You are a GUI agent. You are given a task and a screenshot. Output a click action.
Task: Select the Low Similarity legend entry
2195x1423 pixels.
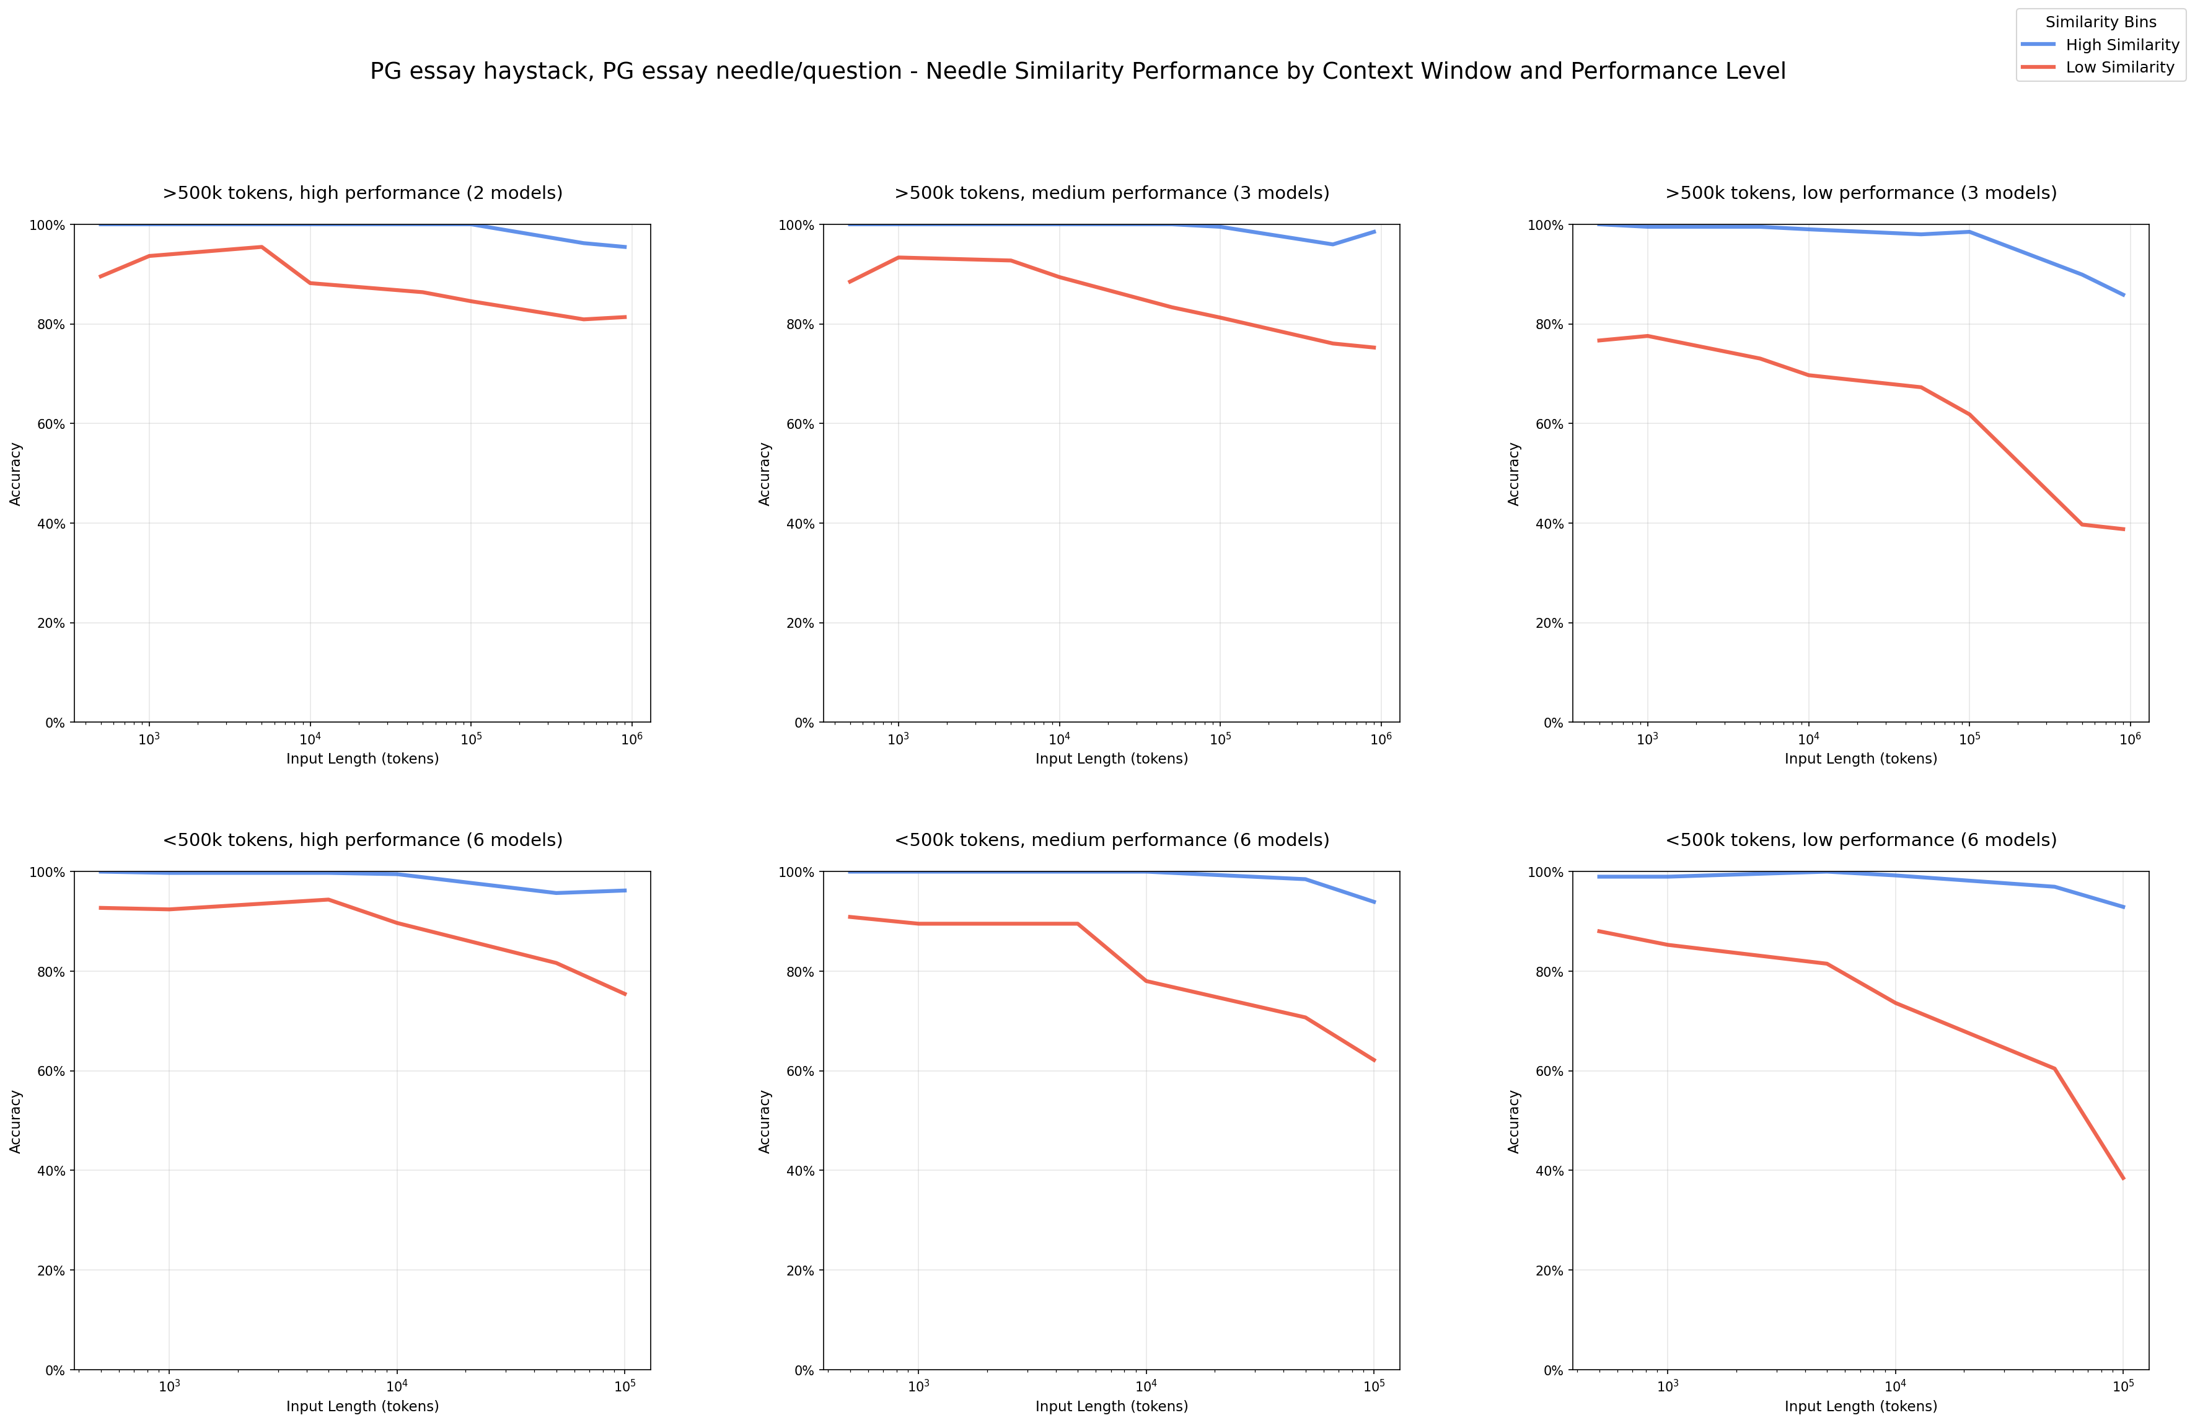click(2119, 68)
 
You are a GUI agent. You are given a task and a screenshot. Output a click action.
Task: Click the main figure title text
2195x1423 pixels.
click(1077, 71)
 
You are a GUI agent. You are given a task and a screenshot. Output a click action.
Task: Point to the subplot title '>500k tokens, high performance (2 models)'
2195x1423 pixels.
click(363, 193)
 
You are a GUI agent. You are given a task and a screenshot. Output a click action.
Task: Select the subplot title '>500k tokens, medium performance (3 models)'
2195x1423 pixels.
click(1111, 193)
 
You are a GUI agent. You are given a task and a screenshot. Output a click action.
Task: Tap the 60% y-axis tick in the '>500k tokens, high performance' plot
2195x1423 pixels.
click(53, 424)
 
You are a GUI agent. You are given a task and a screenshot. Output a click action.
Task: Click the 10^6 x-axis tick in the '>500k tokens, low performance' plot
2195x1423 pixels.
click(2129, 739)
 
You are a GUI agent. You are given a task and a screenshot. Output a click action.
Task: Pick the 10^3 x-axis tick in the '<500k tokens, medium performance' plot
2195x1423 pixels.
click(918, 1387)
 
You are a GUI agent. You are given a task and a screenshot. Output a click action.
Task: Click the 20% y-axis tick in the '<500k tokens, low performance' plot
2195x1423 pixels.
click(1551, 1271)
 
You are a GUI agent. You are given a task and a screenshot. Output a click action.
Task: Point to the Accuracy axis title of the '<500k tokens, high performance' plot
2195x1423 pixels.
click(15, 1121)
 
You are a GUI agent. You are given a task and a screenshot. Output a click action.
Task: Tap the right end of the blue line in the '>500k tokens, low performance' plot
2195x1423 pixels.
click(2124, 295)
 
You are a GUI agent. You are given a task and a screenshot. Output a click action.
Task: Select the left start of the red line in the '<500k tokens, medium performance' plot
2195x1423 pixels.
click(850, 917)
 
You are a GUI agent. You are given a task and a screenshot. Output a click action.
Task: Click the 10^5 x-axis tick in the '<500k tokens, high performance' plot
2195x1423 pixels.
click(625, 1387)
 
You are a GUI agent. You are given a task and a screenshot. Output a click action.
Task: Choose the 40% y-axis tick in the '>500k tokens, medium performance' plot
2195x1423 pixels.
click(801, 524)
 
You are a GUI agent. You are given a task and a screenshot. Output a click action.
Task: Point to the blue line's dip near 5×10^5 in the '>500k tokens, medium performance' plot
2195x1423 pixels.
click(1332, 244)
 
